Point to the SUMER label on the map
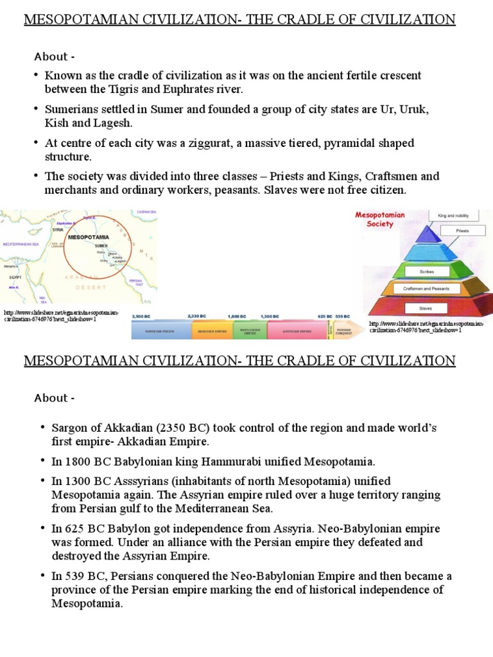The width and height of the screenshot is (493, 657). click(x=101, y=246)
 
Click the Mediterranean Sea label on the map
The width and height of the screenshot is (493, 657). click(x=22, y=244)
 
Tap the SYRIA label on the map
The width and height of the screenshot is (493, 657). click(x=57, y=229)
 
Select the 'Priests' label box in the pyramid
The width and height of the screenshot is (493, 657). click(x=462, y=230)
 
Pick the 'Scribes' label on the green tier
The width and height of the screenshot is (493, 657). click(x=428, y=271)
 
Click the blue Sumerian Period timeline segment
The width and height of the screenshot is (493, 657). click(x=160, y=330)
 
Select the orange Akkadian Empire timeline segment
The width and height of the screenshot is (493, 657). click(x=211, y=330)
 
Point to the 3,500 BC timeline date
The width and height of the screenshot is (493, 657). click(x=141, y=317)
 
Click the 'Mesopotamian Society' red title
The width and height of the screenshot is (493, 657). click(x=380, y=219)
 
